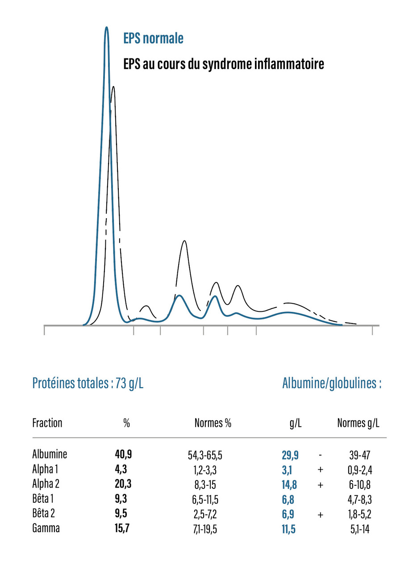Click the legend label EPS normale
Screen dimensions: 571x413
pos(153,39)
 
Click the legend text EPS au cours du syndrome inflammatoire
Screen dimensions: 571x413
pos(223,64)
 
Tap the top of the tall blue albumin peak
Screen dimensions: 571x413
pos(106,28)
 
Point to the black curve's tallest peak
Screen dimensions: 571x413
pos(113,87)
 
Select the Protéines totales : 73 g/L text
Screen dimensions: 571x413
pos(88,384)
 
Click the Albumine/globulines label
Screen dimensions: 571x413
pos(332,384)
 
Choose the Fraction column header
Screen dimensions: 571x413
pos(47,422)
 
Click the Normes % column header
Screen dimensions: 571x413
pos(213,423)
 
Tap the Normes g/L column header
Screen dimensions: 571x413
pos(359,423)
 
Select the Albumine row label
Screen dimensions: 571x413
pos(50,455)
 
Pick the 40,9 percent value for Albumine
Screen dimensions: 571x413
pos(123,455)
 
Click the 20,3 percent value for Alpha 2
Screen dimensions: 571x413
pos(123,484)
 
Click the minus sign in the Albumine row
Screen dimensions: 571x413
pos(321,455)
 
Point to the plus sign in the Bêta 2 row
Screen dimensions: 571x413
pos(320,514)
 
